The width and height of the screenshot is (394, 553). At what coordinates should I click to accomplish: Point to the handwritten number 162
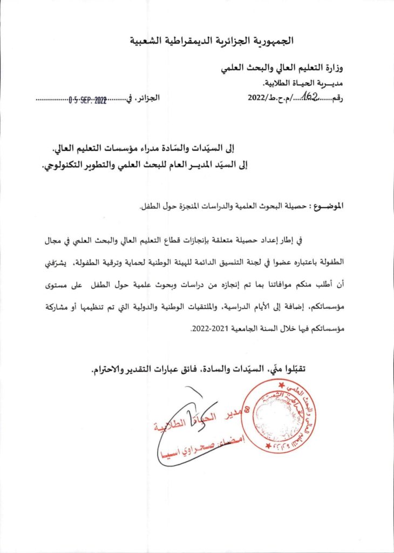(x=311, y=96)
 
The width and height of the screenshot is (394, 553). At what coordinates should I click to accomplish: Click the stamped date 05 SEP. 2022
(x=88, y=100)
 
